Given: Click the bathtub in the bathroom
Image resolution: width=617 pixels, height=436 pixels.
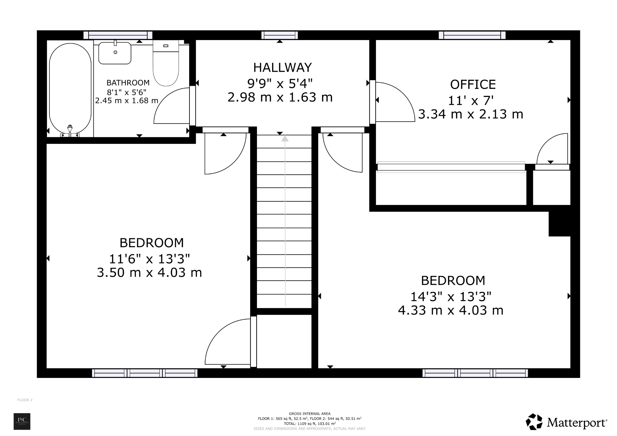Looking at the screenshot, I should (x=70, y=89).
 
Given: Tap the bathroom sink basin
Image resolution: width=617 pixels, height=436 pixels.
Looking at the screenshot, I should (x=115, y=53).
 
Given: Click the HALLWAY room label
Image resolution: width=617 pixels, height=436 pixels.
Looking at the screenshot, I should (x=282, y=68).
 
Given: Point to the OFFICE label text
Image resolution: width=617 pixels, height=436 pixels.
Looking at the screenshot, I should (x=473, y=85).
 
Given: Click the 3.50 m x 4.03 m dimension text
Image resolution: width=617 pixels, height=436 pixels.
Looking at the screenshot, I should (x=149, y=273).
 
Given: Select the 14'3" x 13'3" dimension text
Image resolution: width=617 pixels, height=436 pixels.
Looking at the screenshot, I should (x=451, y=297).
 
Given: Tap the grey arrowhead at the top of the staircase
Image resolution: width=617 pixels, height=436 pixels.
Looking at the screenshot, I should (x=285, y=139).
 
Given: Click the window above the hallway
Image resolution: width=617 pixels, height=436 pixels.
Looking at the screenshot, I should (x=280, y=35).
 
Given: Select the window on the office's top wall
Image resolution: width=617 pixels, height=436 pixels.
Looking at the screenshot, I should (x=472, y=35).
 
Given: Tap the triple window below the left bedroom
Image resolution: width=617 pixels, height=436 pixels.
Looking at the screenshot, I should (x=145, y=373).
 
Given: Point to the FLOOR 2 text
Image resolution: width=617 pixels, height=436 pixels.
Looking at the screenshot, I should (x=25, y=400).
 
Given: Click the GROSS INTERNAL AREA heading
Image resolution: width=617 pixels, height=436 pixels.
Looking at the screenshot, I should (x=309, y=414).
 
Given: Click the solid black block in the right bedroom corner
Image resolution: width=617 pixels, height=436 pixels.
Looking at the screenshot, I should (x=559, y=224).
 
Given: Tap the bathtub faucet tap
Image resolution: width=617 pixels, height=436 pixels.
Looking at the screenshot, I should (x=70, y=129).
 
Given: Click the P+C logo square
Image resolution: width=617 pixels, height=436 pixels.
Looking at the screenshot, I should (x=22, y=421).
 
